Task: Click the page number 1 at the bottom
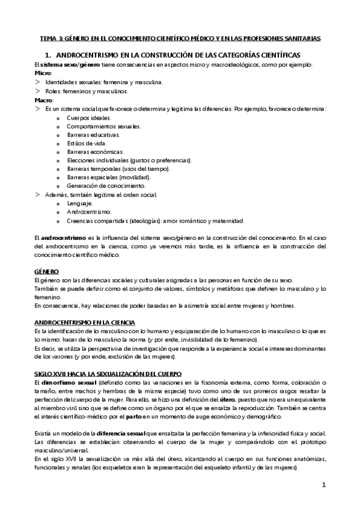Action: click(x=323, y=485)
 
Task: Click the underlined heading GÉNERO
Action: click(x=46, y=271)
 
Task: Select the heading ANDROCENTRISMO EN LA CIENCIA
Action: click(x=85, y=322)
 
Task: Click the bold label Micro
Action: click(x=43, y=73)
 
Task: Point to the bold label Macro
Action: click(x=44, y=100)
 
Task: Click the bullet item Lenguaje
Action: click(x=80, y=203)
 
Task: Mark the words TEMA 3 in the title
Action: click(x=52, y=38)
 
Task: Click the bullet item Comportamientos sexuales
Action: click(x=104, y=126)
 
